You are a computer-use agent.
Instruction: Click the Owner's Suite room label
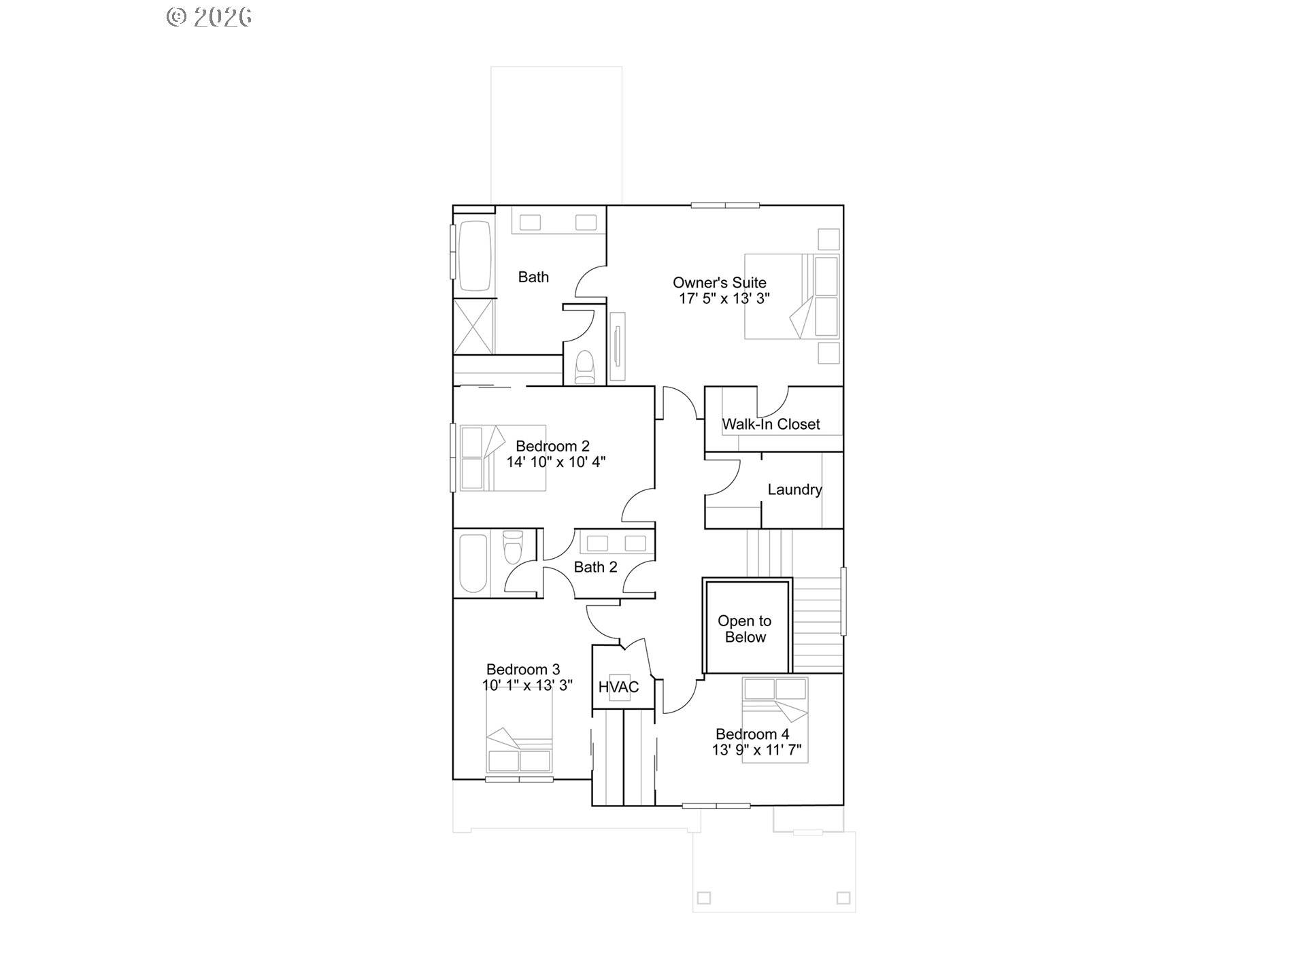coord(719,282)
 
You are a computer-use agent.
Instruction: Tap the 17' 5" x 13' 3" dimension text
coord(724,298)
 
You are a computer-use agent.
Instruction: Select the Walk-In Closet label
coord(771,424)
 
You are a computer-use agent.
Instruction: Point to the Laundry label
coord(794,489)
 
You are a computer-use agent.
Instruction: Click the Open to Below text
coord(745,629)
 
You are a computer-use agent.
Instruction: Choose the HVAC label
coord(618,687)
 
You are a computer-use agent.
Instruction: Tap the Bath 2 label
coord(595,567)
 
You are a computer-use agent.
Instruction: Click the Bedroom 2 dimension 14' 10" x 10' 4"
coord(556,462)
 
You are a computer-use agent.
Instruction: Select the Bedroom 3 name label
coord(523,670)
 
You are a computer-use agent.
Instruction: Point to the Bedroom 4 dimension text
coord(756,751)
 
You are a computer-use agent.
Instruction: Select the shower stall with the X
coord(474,326)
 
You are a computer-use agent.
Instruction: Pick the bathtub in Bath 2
coord(473,564)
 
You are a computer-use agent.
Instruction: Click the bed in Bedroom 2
coord(502,458)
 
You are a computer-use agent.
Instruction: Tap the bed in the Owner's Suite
coord(791,296)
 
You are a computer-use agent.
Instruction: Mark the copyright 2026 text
coord(210,17)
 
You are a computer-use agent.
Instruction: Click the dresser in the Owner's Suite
coord(617,346)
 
